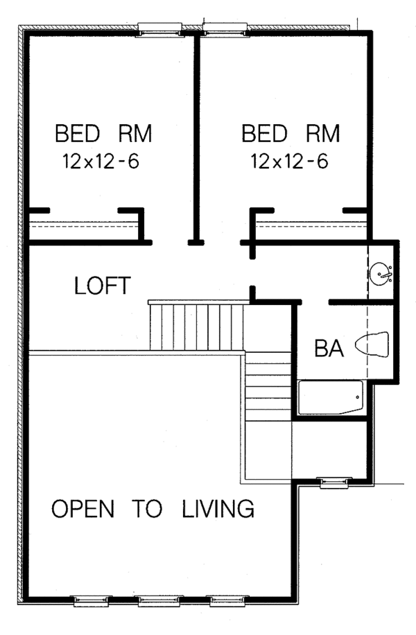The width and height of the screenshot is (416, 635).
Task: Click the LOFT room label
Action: tap(102, 286)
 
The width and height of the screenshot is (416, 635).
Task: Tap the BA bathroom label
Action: tap(329, 347)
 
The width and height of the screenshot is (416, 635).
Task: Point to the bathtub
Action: tap(331, 398)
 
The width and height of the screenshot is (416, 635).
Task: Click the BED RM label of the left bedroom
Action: tap(103, 133)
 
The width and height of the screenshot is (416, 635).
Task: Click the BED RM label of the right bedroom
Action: tap(291, 133)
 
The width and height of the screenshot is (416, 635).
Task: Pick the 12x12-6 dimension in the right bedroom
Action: tap(289, 162)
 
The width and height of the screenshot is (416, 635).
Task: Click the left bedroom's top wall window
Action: tap(159, 28)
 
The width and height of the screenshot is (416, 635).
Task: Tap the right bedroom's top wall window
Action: tap(225, 28)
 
